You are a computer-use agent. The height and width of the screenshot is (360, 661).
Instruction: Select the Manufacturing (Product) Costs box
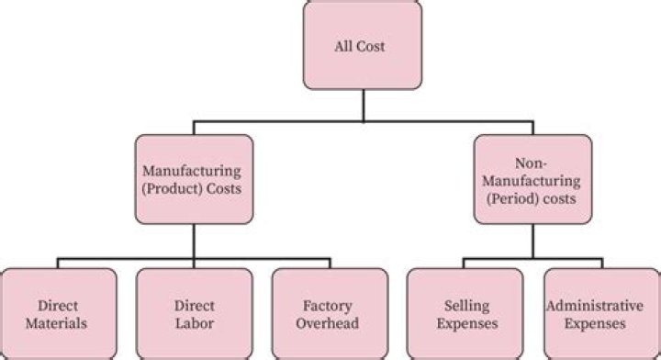pyautogui.click(x=193, y=179)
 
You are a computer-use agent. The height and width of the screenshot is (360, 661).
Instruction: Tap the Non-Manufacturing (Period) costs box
pyautogui.click(x=533, y=179)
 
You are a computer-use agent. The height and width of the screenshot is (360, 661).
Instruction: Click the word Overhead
pyautogui.click(x=329, y=323)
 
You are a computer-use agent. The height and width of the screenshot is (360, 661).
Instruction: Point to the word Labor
pyautogui.click(x=194, y=323)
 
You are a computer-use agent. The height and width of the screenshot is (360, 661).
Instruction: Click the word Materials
pyautogui.click(x=59, y=323)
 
